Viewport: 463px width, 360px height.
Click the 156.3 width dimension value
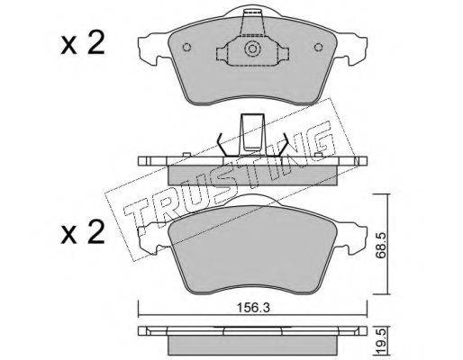pos(252,307)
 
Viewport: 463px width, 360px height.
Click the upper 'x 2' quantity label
pos(83,43)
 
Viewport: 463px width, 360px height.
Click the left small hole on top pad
pos(186,48)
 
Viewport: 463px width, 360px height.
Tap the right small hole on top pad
pos(318,48)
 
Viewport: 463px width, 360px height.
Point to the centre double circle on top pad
pos(251,49)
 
